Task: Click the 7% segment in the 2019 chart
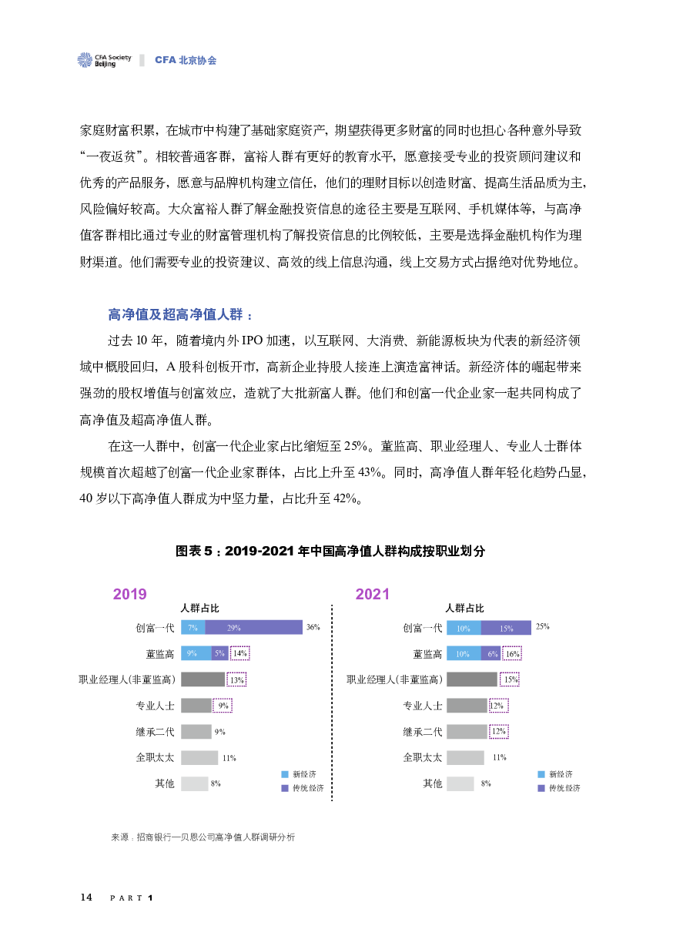(193, 628)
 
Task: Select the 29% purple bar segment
(253, 628)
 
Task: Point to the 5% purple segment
(220, 653)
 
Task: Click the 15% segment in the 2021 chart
(506, 628)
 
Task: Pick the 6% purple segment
(491, 653)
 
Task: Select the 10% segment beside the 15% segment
(464, 628)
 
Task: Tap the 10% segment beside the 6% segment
(464, 653)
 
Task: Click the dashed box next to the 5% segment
(239, 653)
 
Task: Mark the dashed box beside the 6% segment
(512, 653)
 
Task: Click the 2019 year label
(129, 595)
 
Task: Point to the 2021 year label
(372, 595)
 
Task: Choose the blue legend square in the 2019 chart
(285, 774)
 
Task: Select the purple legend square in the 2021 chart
(541, 788)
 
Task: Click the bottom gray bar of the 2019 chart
(195, 783)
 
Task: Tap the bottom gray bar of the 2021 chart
(460, 783)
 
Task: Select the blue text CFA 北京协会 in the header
(186, 60)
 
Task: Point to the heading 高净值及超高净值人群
(180, 315)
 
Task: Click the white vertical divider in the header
(142, 60)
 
